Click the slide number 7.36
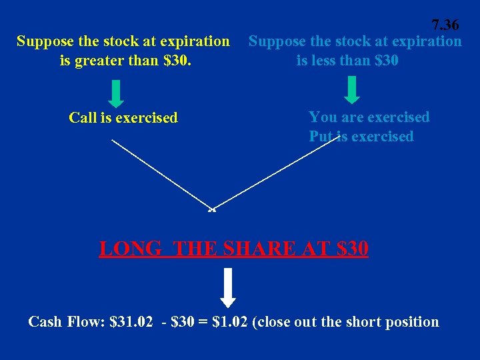tap(445, 25)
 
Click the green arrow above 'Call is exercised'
tap(116, 94)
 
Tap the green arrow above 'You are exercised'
tap(353, 90)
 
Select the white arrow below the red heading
tap(228, 287)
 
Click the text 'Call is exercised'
tap(123, 118)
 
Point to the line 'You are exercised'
tap(369, 117)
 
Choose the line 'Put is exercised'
tap(361, 137)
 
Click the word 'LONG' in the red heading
tap(130, 249)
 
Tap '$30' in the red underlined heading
tap(353, 249)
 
